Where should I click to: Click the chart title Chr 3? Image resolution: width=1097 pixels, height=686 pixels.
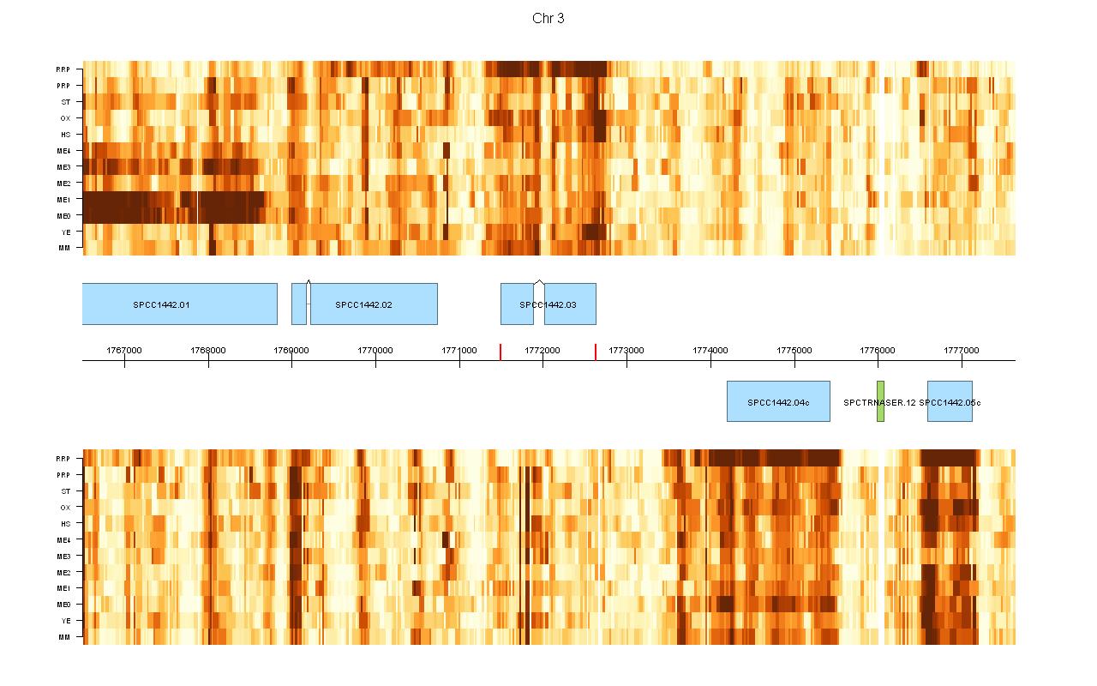(x=548, y=19)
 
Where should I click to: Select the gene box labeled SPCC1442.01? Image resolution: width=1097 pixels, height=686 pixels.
(x=179, y=304)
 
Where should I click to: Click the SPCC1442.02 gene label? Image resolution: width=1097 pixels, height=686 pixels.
(x=363, y=304)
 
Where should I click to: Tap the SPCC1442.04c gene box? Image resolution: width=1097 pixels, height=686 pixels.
(x=778, y=401)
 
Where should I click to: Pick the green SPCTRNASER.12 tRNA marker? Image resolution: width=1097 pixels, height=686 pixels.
(x=880, y=401)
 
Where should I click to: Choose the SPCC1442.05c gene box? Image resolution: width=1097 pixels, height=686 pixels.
(x=950, y=401)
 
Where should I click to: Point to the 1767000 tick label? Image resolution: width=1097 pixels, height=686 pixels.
(x=124, y=350)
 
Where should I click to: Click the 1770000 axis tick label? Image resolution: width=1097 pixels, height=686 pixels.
(x=375, y=350)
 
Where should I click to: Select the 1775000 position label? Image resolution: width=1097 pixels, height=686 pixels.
(x=794, y=350)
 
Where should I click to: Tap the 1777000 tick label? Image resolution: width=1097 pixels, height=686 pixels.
(x=962, y=350)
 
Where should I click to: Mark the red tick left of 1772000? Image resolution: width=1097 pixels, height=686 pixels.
(x=501, y=352)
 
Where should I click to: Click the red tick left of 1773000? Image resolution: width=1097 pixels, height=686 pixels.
(x=596, y=352)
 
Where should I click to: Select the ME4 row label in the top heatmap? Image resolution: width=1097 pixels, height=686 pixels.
(x=63, y=151)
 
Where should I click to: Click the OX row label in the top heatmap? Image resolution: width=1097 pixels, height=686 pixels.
(x=65, y=118)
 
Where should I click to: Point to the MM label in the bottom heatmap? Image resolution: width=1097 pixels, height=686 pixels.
(x=64, y=637)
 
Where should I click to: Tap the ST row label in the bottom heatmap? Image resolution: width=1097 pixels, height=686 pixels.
(x=65, y=491)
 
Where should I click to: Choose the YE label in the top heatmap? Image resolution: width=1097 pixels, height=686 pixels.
(x=65, y=232)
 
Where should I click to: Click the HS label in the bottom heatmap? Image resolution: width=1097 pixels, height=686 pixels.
(x=65, y=524)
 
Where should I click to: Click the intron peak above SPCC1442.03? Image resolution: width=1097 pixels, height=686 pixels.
(x=539, y=280)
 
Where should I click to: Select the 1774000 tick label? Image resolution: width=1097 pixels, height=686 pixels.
(x=710, y=350)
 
